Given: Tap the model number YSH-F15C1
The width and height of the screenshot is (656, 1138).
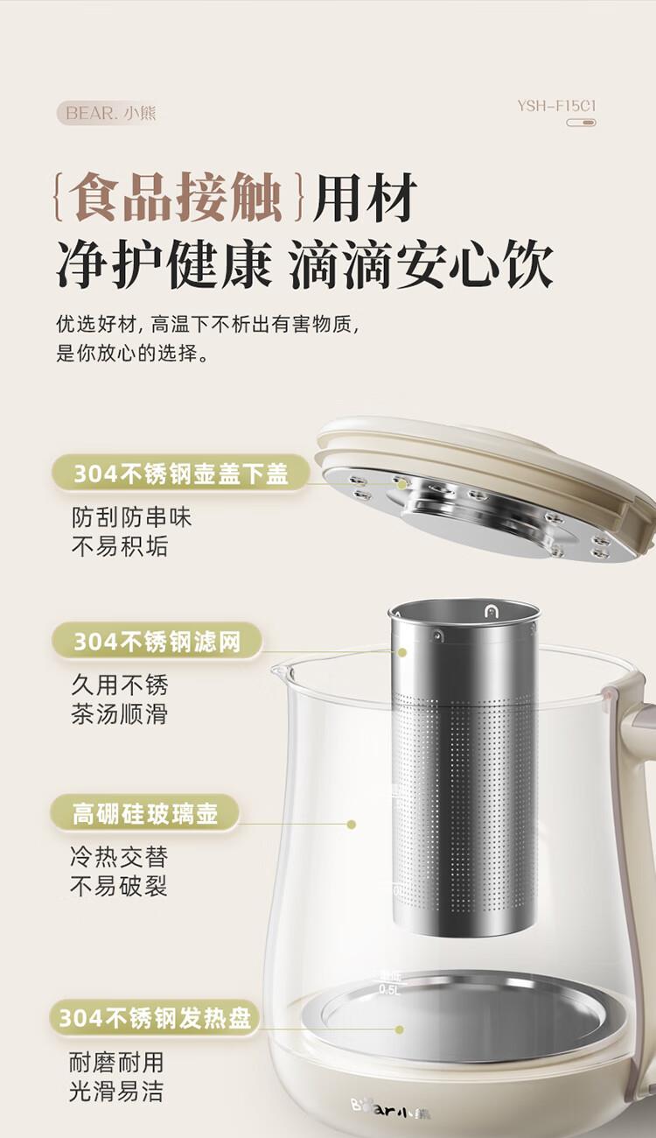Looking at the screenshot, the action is tap(556, 106).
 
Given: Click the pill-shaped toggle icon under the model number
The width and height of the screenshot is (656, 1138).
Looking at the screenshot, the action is tap(581, 123).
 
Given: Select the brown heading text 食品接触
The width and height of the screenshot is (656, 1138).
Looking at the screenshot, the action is tap(175, 197).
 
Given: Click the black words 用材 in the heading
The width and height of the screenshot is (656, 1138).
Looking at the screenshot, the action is tap(364, 197).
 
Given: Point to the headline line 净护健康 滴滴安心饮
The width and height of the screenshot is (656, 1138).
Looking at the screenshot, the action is tap(304, 265).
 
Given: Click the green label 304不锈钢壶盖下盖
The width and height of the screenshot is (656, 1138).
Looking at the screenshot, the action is tap(181, 474).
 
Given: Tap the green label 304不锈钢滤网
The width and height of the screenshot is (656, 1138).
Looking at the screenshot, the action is tap(157, 642).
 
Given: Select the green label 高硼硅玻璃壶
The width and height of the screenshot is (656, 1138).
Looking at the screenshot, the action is tap(144, 813).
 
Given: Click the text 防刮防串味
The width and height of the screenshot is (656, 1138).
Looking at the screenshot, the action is tap(131, 518).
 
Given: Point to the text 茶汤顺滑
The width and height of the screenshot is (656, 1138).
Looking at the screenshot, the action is tap(119, 713).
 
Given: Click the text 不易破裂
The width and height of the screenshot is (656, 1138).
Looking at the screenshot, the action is tap(119, 887).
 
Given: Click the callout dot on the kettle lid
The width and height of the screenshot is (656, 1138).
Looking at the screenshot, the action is tap(401, 484).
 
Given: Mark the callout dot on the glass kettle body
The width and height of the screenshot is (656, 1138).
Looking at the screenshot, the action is tap(352, 824).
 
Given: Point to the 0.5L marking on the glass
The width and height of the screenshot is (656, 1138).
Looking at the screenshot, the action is tap(389, 989).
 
